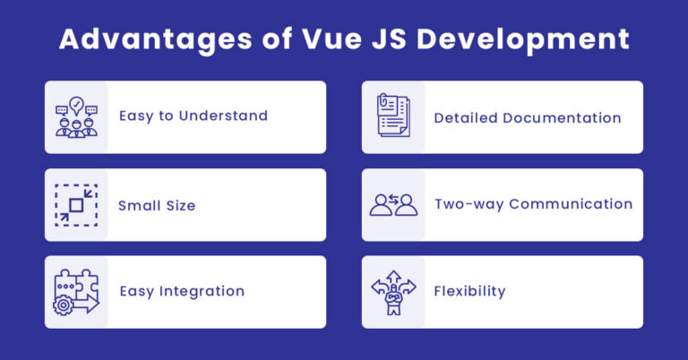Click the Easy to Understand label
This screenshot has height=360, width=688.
pos(193,116)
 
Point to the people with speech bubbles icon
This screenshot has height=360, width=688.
pos(76,117)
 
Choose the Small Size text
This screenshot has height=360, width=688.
pos(157,205)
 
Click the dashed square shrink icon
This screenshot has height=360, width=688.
pos(76,205)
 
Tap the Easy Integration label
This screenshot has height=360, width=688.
pos(182,291)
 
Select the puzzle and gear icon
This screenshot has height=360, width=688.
pos(76,292)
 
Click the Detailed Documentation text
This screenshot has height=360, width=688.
pos(528,117)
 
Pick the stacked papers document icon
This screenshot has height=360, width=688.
pos(393,117)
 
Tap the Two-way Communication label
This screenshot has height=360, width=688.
pos(534,204)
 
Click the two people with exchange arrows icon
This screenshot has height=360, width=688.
pos(393,205)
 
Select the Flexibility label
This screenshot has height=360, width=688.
pos(469,291)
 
